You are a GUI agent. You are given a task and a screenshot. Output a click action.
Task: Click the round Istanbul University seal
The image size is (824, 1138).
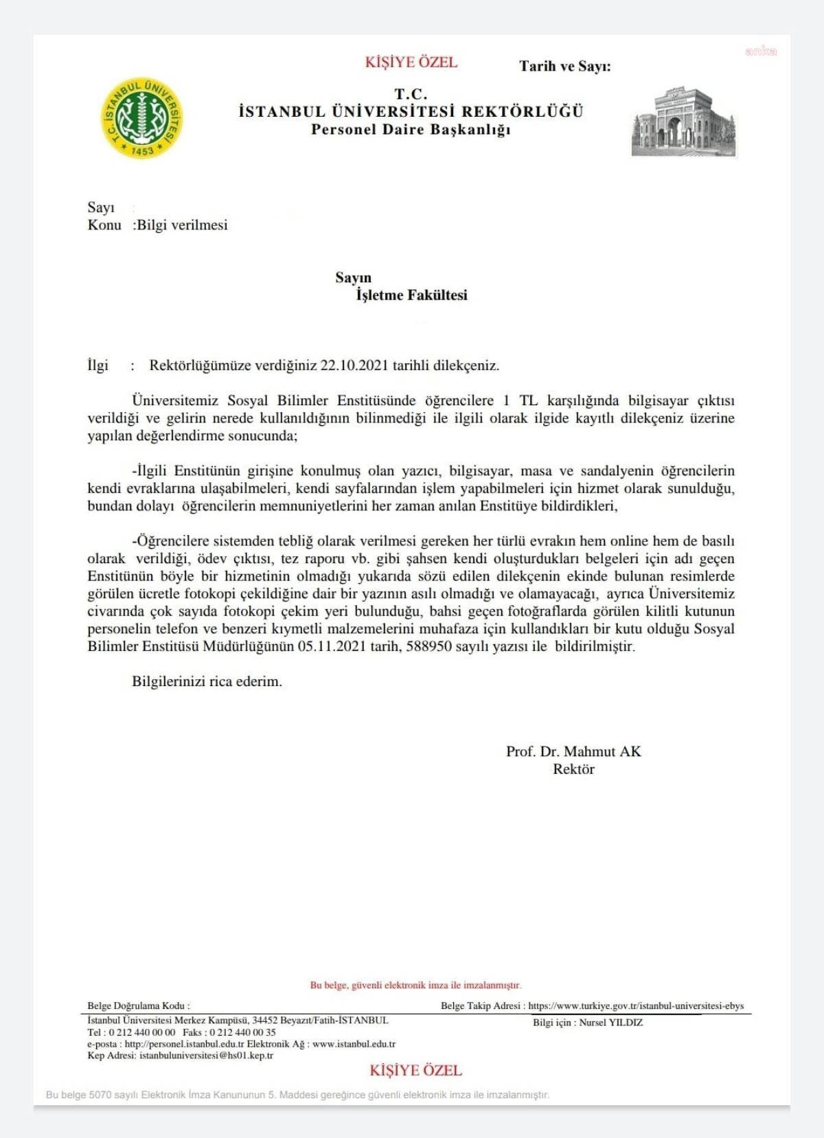point(142,117)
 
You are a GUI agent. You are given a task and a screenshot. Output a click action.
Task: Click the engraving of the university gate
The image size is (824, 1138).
point(684,122)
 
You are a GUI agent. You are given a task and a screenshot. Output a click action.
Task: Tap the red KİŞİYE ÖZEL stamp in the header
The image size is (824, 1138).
point(411,62)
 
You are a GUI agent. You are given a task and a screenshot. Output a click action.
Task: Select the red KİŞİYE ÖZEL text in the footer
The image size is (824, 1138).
point(415,1070)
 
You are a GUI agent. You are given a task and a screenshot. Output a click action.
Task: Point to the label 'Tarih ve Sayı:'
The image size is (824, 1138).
point(564,67)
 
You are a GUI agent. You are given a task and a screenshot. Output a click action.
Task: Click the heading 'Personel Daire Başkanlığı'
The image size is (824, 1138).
point(411,130)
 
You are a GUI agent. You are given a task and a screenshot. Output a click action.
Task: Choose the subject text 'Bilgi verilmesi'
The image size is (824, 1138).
point(182,225)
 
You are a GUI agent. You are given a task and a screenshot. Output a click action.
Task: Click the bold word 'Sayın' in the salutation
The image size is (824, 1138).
point(353,277)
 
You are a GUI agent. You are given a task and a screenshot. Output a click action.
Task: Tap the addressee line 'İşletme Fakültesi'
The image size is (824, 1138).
point(411,295)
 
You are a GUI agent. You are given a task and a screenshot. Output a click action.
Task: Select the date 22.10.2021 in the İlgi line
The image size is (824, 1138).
point(354,365)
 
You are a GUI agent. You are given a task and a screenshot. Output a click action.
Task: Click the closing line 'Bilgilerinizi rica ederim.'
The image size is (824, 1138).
point(207,682)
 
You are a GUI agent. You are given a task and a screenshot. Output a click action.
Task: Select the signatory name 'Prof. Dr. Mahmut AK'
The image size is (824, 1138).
point(573,751)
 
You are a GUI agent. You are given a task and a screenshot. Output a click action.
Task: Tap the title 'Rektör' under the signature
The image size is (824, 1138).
point(573,769)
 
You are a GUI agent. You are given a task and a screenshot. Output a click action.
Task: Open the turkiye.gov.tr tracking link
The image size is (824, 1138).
point(636,1006)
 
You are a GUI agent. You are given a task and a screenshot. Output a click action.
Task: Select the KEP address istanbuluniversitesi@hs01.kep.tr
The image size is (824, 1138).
point(206,1056)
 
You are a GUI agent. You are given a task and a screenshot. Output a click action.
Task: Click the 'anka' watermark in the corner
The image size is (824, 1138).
point(761,51)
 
